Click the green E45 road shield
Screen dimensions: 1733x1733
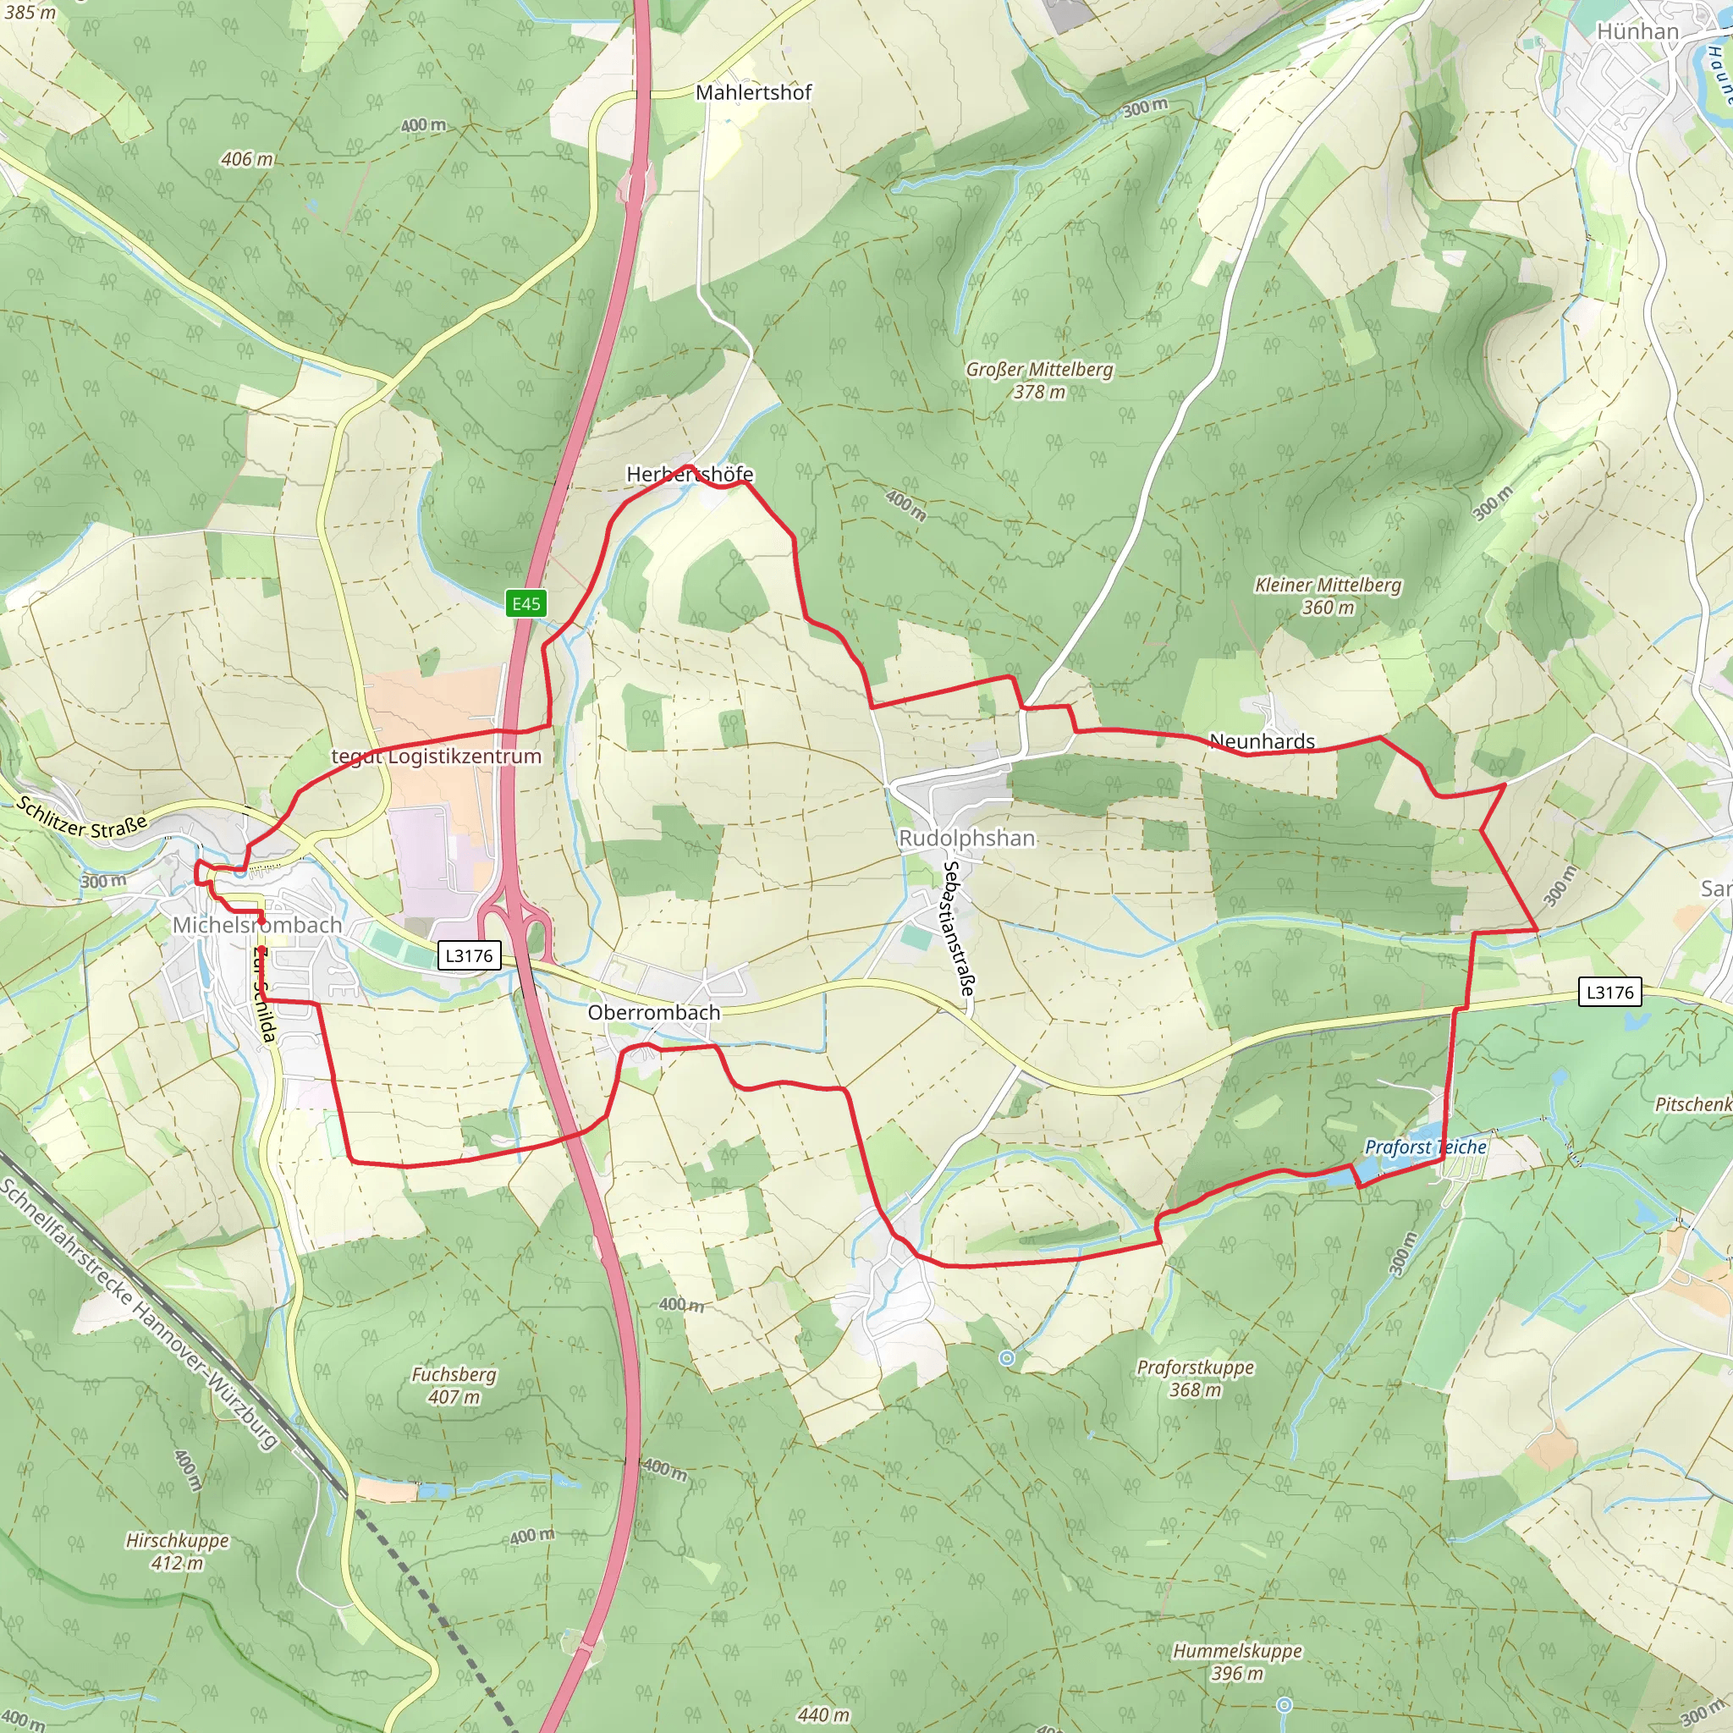click(525, 602)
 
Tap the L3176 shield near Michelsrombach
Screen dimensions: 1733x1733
click(469, 955)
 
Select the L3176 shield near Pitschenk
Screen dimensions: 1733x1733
click(1610, 992)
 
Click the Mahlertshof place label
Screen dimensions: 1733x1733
click(753, 92)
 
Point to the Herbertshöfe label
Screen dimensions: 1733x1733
click(689, 475)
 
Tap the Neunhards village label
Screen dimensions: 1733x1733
click(1262, 741)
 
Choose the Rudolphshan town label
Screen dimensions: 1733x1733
click(967, 838)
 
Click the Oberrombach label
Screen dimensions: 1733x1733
click(654, 1012)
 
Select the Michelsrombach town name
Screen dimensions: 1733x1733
click(257, 925)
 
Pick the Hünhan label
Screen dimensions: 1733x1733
click(1637, 31)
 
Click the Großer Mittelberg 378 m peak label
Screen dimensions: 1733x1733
click(1040, 380)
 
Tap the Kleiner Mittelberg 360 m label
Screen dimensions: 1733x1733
click(1328, 596)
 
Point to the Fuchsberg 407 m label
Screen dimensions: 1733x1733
click(454, 1385)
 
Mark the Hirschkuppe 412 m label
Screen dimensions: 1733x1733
click(178, 1552)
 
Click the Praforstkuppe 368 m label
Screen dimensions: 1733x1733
click(1196, 1378)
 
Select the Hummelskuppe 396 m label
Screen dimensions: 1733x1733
click(1237, 1662)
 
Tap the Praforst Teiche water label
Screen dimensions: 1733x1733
click(1425, 1147)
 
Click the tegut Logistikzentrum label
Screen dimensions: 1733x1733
click(437, 756)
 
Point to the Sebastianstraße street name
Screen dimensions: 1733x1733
click(958, 928)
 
